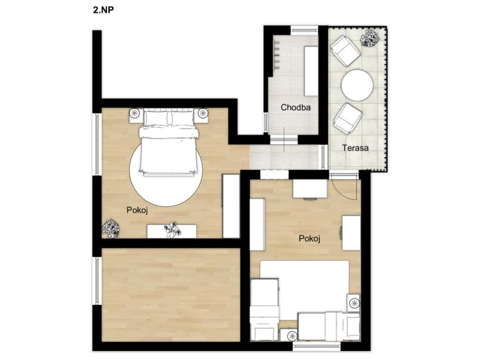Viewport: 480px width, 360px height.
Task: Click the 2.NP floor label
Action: point(103,10)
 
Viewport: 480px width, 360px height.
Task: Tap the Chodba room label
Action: point(295,108)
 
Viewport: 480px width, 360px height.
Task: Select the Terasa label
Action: point(355,148)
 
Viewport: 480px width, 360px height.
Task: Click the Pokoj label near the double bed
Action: point(137,210)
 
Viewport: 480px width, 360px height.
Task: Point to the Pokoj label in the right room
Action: point(309,238)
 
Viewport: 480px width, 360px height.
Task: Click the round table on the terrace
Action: point(357,85)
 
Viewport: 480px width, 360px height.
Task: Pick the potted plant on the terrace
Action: point(370,38)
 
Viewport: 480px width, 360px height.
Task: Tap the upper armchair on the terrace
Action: point(345,51)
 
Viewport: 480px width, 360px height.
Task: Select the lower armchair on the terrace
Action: point(348,118)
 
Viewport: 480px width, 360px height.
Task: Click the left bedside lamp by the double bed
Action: point(135,113)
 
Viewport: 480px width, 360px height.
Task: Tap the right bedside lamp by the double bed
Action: point(203,113)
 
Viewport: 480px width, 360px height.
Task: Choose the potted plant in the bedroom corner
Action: point(111,229)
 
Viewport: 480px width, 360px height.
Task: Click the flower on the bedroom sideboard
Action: point(172,230)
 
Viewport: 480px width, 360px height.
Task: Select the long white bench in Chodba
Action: point(311,71)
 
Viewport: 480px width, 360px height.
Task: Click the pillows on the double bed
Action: point(169,118)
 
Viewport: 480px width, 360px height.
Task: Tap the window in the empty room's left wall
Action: point(97,281)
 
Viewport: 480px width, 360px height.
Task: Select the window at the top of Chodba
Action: point(304,29)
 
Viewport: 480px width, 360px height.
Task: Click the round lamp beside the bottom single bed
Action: point(292,336)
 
